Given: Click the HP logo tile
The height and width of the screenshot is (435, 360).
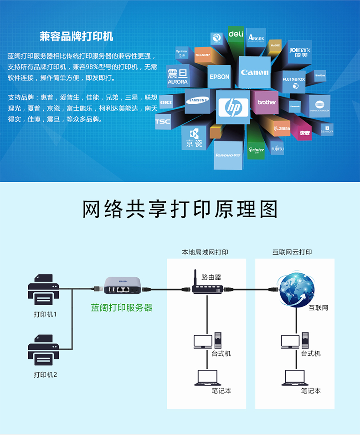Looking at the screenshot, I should (x=233, y=107).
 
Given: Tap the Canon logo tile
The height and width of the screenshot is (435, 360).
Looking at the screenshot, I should (x=254, y=72).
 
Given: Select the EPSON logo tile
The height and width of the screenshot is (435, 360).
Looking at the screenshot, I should (x=219, y=77).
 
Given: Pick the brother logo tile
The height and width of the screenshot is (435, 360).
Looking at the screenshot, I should (x=267, y=102).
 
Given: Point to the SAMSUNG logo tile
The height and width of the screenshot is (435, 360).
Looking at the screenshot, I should (x=198, y=101).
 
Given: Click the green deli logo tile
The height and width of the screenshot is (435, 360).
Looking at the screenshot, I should (x=236, y=35).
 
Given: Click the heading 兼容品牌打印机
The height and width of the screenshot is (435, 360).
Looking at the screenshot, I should (x=77, y=36).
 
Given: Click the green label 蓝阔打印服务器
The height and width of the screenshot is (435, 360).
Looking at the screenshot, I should (x=122, y=308).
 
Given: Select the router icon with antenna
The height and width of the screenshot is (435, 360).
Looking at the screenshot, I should (x=206, y=287).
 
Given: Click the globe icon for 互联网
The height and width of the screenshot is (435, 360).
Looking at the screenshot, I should (x=297, y=288).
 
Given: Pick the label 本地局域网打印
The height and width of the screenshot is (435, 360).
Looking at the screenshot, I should (x=205, y=252).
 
